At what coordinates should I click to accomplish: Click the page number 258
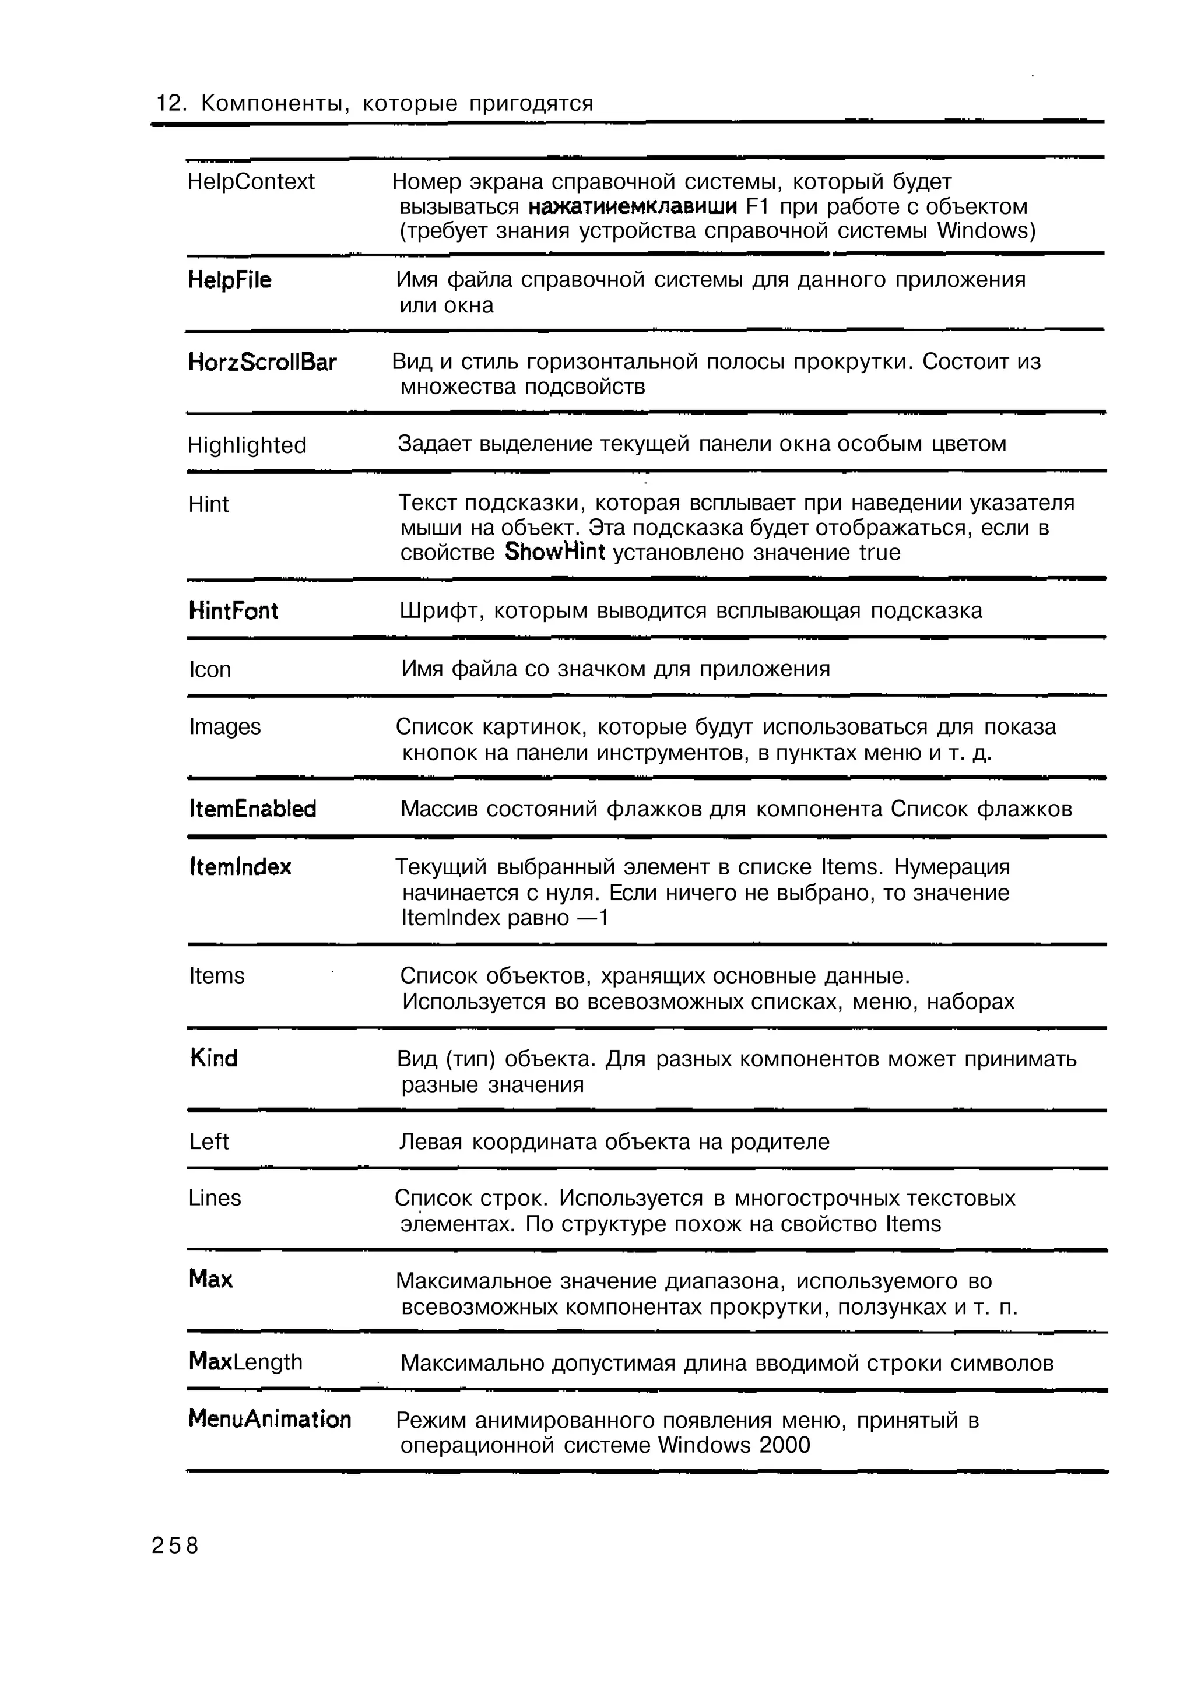tap(175, 1545)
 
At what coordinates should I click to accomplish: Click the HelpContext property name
tap(251, 182)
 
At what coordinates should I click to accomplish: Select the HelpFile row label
tap(229, 280)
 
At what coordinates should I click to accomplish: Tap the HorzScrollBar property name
tap(262, 363)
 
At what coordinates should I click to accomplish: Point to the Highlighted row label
tap(247, 445)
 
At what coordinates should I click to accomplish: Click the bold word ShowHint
tap(554, 552)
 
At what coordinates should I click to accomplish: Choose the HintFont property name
tap(233, 611)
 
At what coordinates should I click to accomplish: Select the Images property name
tap(224, 727)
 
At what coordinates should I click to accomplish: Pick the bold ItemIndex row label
tap(240, 867)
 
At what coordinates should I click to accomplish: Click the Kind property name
tap(213, 1059)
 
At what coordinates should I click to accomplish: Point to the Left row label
tap(209, 1142)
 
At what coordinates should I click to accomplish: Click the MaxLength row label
tap(245, 1362)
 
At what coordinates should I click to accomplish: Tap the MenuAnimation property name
tap(270, 1419)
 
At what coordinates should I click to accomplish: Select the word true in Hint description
tap(879, 552)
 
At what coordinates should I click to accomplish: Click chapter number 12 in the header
tap(168, 104)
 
